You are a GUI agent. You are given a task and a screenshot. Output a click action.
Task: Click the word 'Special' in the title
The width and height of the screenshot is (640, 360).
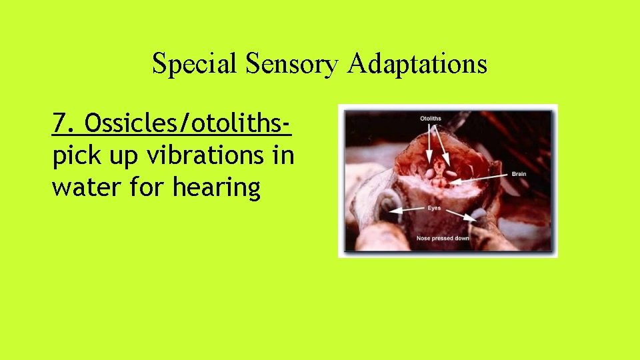point(195,64)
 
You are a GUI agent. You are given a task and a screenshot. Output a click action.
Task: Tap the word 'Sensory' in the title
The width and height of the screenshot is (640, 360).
point(291,64)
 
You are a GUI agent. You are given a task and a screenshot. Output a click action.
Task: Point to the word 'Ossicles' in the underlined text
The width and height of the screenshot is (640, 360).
point(128,123)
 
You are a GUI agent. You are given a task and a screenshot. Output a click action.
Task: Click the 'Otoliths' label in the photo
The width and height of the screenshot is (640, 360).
point(430,119)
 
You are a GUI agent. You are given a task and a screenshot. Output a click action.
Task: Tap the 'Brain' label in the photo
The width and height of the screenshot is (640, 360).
point(519,173)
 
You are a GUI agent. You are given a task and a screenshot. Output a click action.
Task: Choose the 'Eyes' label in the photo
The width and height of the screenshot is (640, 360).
point(434,209)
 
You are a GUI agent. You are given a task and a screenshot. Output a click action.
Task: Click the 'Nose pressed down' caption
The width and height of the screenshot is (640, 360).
point(443,238)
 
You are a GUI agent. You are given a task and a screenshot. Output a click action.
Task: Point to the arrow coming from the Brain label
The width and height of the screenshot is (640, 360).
point(483,176)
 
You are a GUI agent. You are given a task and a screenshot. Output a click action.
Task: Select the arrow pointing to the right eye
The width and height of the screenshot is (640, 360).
point(463,214)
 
